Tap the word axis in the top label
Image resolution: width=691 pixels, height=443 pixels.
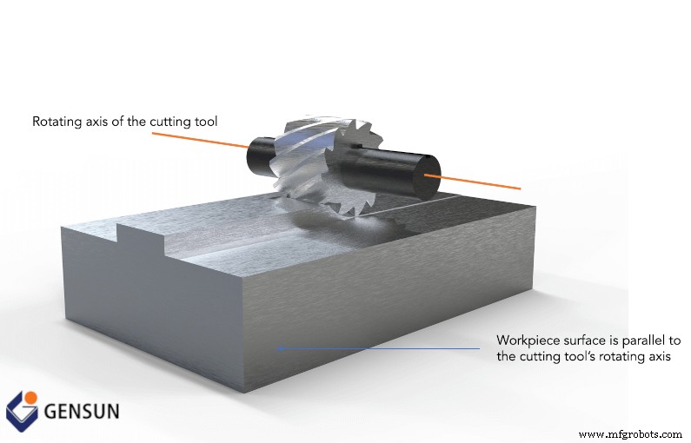point(97,122)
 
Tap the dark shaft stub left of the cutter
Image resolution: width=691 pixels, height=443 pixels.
point(260,155)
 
